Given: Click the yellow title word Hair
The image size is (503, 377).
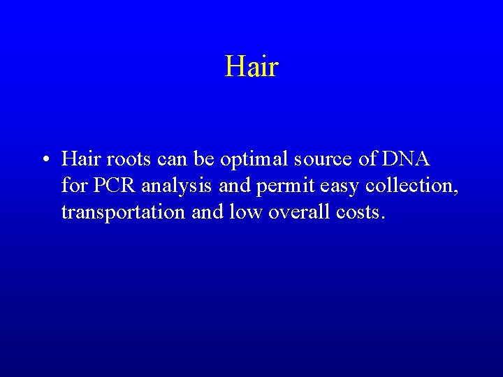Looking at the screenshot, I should (251, 67).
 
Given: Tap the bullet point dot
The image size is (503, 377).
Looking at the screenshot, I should (44, 161).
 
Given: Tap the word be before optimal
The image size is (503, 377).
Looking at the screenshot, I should (204, 159).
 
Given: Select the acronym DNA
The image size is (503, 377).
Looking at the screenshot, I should (406, 159).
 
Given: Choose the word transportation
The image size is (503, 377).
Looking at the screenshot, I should (124, 212).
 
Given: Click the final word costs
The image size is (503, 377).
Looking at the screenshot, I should (359, 212).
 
